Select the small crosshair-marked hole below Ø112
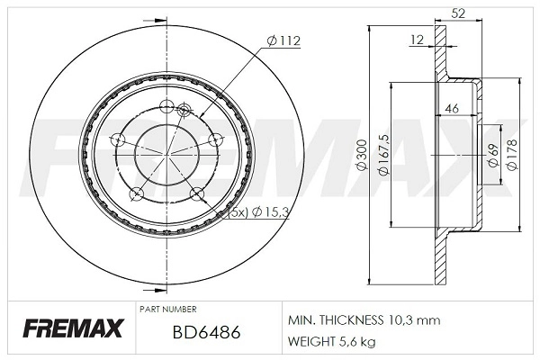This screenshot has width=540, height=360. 185,110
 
